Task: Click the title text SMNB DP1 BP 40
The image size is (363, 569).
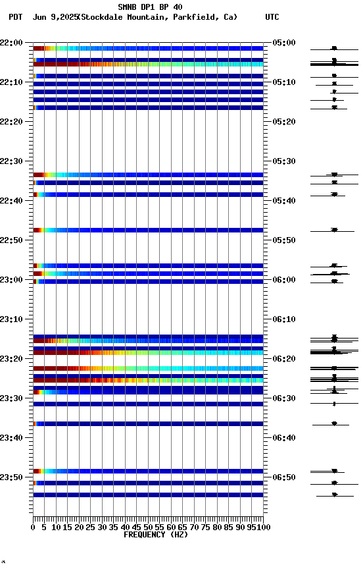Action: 150,7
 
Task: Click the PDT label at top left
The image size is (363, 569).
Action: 15,17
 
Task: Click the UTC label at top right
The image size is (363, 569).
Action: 272,17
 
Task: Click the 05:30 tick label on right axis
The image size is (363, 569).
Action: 283,161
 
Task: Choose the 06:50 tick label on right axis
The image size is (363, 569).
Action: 283,477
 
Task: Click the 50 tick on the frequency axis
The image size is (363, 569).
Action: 148,528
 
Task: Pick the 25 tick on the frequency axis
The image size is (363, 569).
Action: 91,528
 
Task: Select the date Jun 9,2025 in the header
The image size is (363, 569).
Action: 54,17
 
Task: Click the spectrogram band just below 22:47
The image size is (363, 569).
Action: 148,230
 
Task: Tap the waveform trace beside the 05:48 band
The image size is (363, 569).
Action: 334,230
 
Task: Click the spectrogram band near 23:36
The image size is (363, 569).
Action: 148,423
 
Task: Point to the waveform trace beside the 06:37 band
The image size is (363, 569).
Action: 334,423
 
